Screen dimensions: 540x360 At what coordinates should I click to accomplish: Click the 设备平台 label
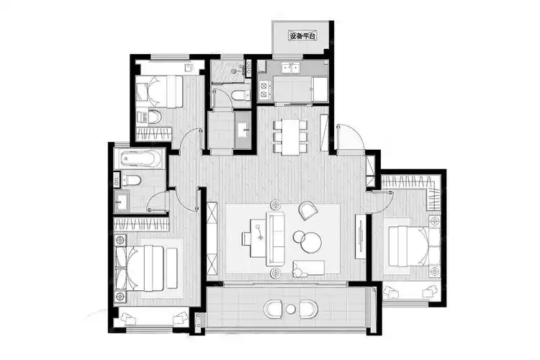pos(302,35)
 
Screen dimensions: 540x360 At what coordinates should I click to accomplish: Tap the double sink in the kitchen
pos(291,68)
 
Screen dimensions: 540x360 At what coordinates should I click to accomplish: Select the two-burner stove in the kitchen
pos(264,89)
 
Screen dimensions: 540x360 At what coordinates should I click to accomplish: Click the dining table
pos(290,137)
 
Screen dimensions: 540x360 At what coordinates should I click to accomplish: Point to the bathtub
pos(139,159)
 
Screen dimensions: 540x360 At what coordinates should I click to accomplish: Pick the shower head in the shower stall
pos(234,71)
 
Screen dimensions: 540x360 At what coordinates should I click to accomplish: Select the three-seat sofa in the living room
pos(275,239)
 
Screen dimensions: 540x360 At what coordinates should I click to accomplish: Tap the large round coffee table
pos(312,242)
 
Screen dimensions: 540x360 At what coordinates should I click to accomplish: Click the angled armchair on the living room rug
pos(307,210)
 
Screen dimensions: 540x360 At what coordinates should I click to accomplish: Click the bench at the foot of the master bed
pos(172,268)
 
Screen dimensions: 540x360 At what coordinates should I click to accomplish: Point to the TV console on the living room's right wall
pos(360,236)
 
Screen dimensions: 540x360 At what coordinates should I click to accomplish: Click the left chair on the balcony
pos(272,309)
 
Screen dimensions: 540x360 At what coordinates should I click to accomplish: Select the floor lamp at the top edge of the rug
pos(275,205)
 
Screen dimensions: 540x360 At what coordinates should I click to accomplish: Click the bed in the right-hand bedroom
pos(414,246)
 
